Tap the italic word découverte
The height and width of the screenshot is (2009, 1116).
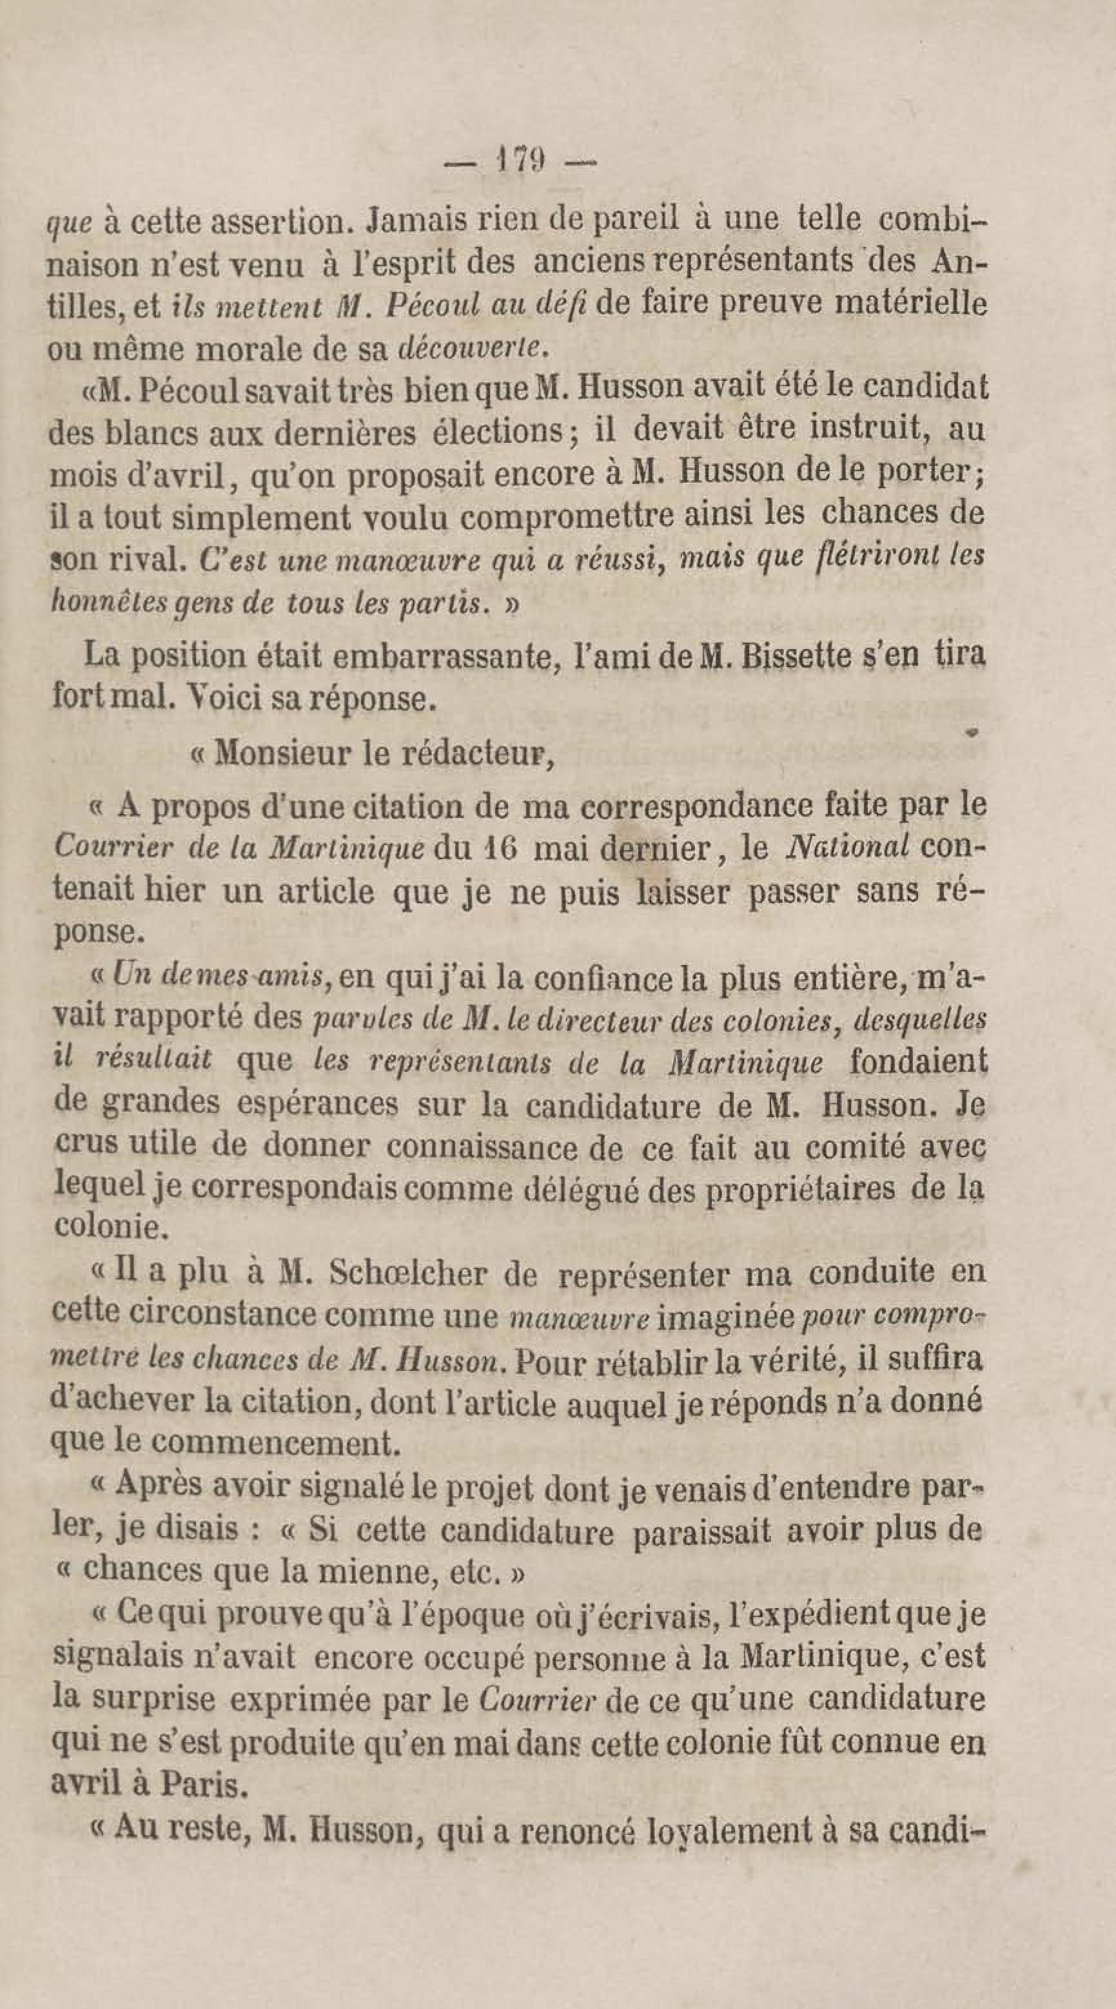[470, 349]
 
